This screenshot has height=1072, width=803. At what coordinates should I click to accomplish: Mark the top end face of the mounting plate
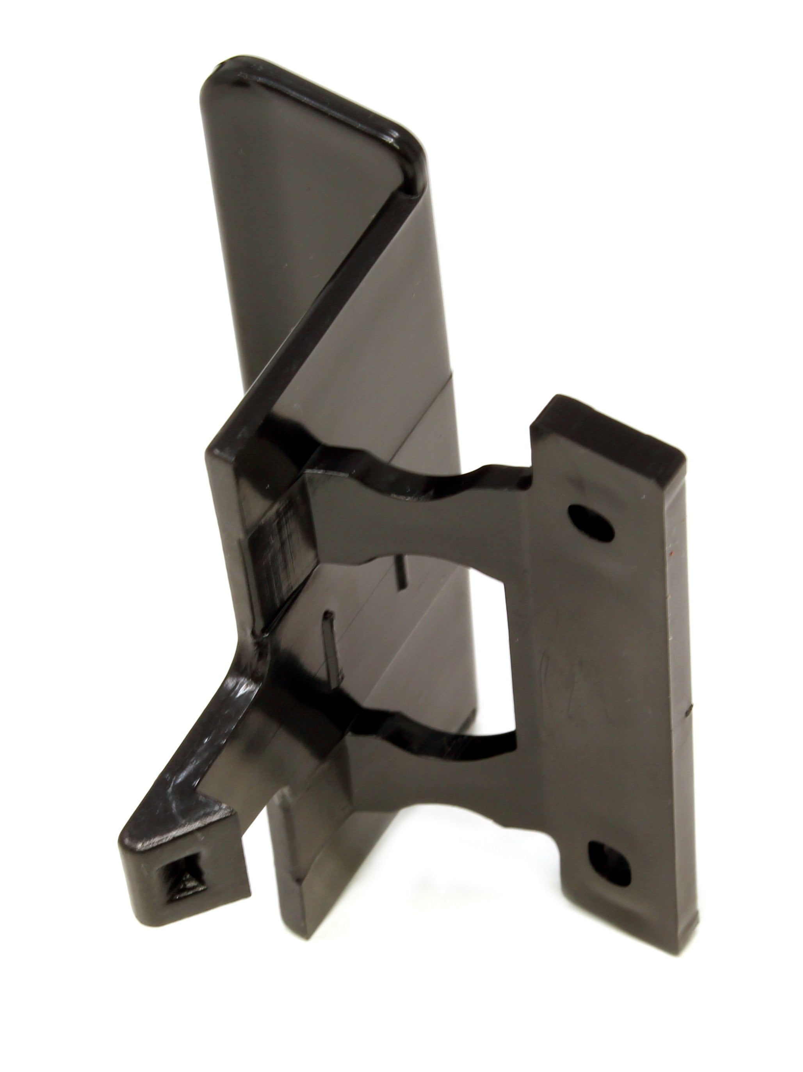pos(611,426)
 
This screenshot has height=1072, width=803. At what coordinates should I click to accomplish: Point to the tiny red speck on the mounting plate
pos(671,552)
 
